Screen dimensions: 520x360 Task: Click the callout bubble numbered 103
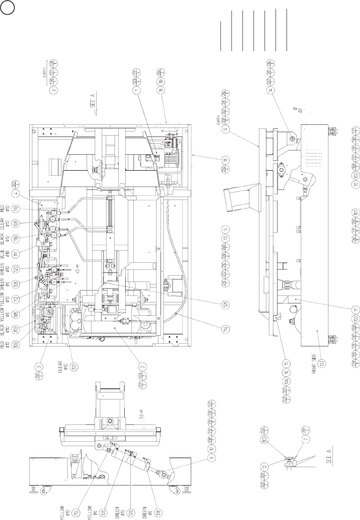pyautogui.click(x=265, y=438)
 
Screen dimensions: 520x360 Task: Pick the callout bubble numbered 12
pyautogui.click(x=266, y=466)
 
